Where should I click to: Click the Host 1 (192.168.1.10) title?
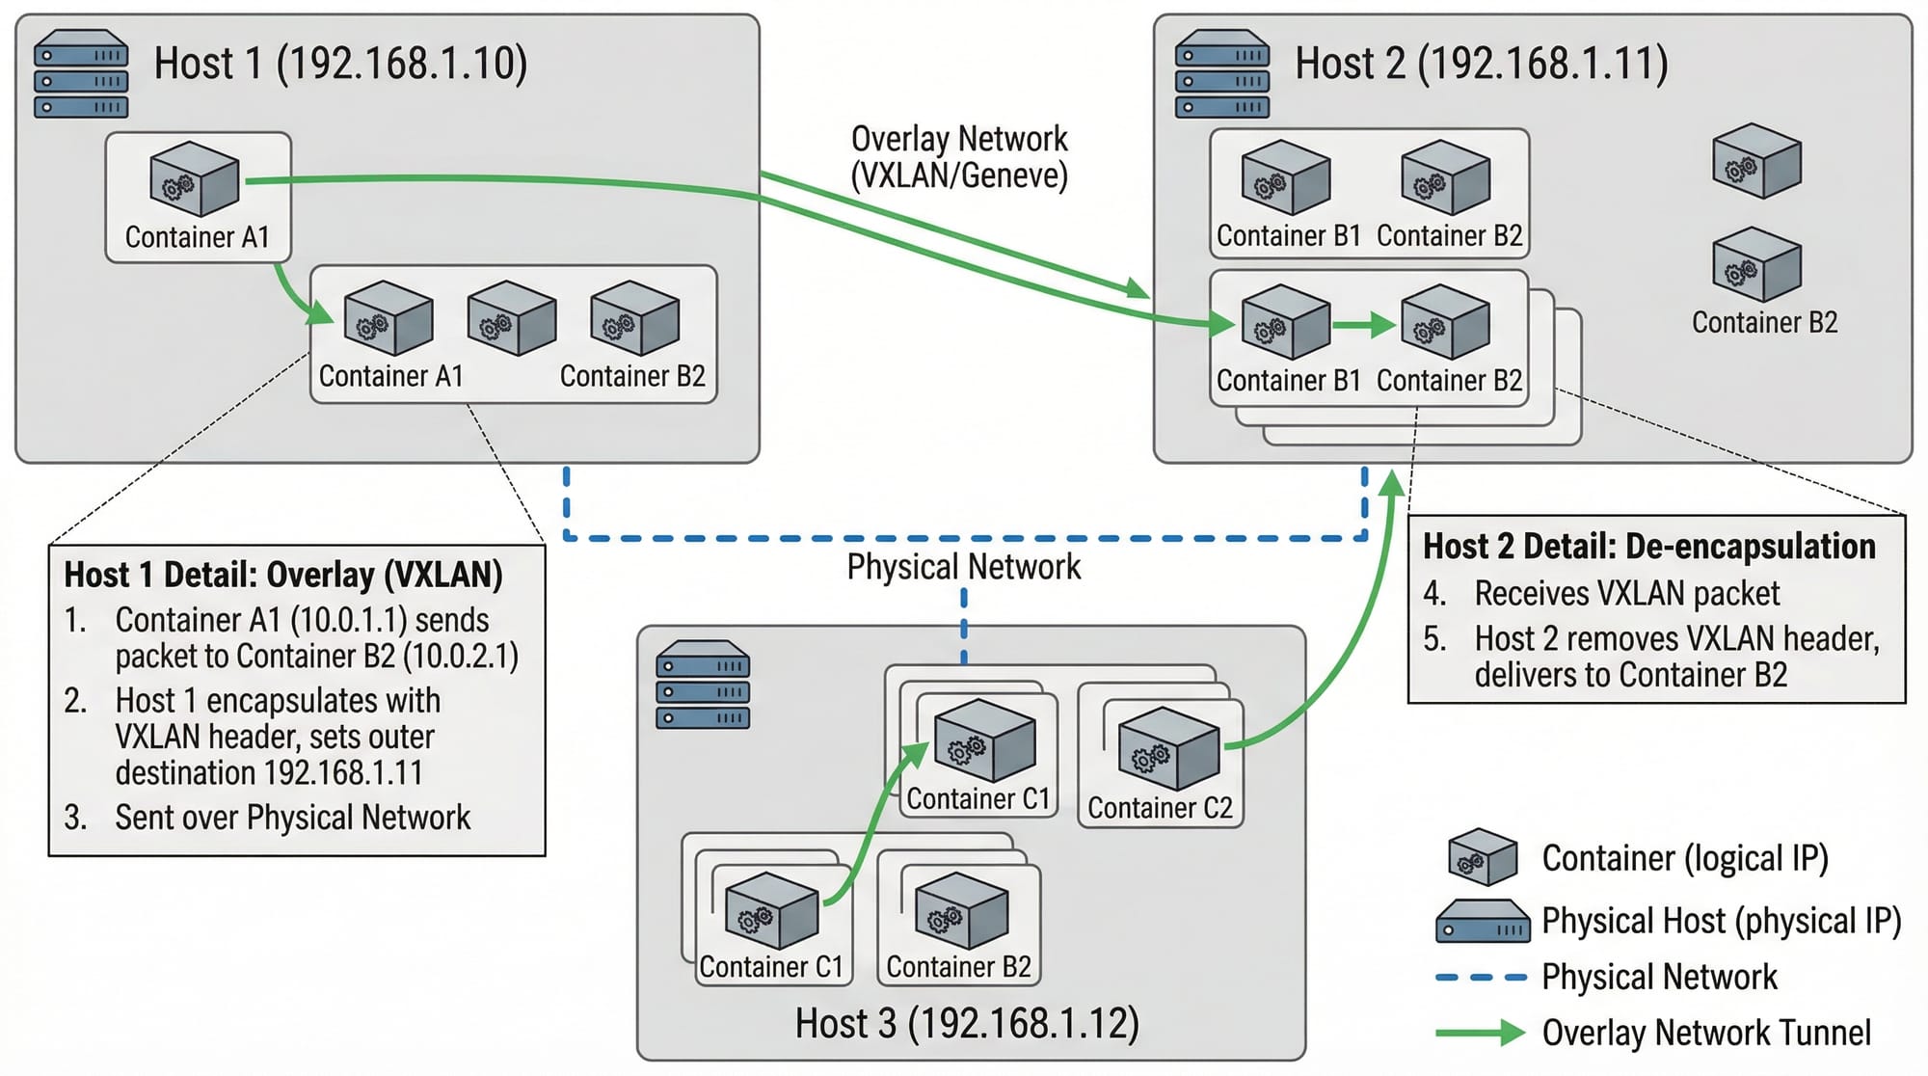pos(340,64)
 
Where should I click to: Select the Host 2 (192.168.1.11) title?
pos(1481,64)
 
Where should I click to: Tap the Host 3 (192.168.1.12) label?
pos(967,1023)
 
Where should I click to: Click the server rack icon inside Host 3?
pos(703,685)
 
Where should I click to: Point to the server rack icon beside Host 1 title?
pos(81,74)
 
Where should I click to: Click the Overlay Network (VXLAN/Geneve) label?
pos(959,157)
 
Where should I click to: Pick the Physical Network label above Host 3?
pos(964,567)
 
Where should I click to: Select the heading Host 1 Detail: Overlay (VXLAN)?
pos(283,575)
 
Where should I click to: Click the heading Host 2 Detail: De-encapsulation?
pos(1649,547)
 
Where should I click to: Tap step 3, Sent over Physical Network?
pos(292,818)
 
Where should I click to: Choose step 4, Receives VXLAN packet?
pos(1626,593)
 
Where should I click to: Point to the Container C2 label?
pos(1160,808)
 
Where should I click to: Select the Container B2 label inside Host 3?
pos(958,967)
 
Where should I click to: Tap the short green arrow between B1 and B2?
pos(1364,326)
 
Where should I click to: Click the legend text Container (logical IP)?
pos(1685,858)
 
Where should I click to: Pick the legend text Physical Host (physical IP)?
pos(1721,921)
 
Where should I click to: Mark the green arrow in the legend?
pos(1480,1034)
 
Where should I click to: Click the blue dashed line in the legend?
pos(1481,978)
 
